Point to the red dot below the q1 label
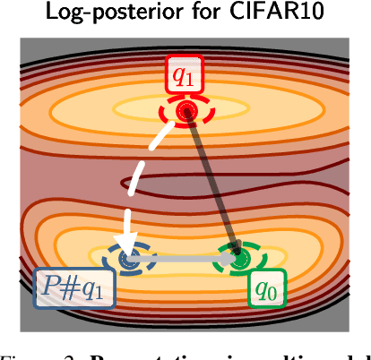(x=186, y=111)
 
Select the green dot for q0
(x=238, y=261)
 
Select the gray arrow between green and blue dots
(x=184, y=261)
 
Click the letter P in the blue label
(x=52, y=289)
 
